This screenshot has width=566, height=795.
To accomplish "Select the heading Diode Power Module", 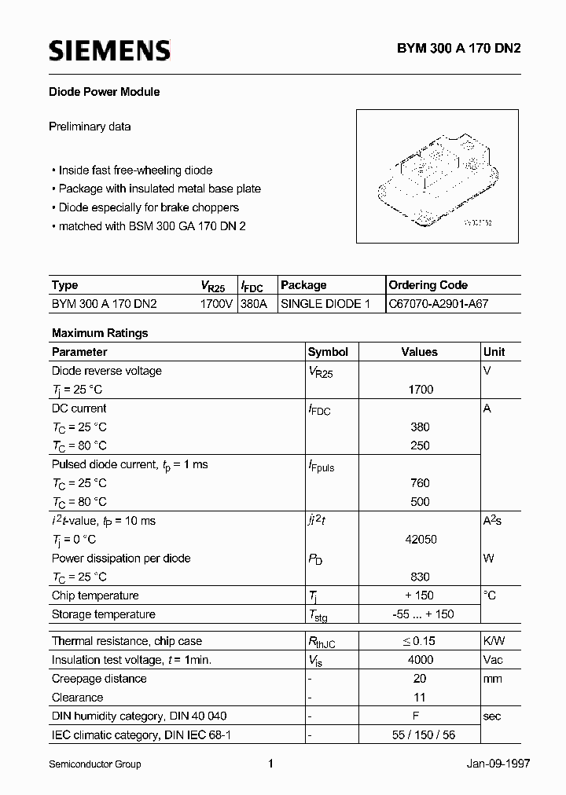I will (x=105, y=92).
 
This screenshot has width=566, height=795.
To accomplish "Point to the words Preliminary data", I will (x=90, y=126).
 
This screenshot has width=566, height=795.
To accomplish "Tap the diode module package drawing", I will (x=437, y=179).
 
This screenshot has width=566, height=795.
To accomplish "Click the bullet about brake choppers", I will (x=149, y=207).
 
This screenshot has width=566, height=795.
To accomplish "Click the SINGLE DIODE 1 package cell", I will (x=325, y=303).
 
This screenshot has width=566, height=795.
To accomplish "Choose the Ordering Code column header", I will (x=428, y=285).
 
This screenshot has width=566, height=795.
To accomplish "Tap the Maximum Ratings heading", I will (x=100, y=333).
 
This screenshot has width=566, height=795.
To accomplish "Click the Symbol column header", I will (x=328, y=352).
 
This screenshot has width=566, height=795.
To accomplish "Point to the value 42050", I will (x=420, y=540).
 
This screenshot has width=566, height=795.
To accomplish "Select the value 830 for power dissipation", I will (x=420, y=577).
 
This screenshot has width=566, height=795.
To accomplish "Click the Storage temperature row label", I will (x=104, y=614).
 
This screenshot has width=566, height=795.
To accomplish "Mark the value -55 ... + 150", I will (x=420, y=614).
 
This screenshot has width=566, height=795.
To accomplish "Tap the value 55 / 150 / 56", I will (x=420, y=735).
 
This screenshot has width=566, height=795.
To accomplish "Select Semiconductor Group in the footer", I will (x=95, y=764).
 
